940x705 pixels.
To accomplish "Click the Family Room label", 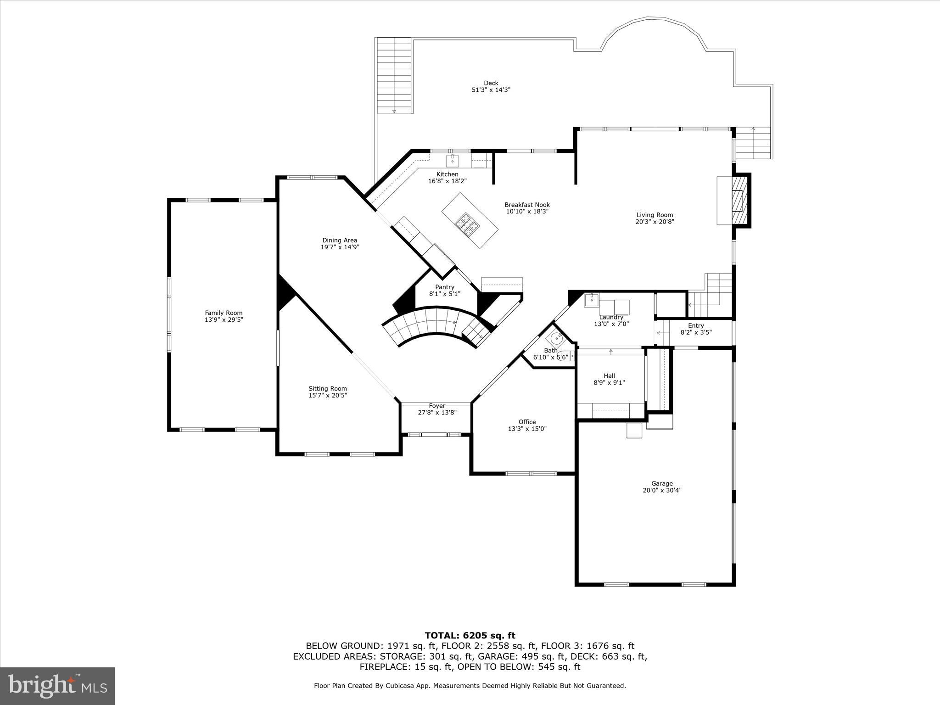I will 224,313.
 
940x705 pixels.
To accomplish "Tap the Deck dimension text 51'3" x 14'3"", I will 491,90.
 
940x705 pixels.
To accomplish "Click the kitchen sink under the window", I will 453,161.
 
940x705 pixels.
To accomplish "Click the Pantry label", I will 444,287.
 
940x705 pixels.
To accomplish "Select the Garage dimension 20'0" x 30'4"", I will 662,490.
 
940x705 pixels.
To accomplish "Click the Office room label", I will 527,422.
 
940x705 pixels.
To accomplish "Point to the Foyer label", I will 436,406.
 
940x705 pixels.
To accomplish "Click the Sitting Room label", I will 327,388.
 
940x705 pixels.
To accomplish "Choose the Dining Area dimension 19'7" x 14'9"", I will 340,247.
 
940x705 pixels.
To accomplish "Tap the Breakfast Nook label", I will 527,205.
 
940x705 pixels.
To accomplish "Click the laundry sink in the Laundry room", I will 591,300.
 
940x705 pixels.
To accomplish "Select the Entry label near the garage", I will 696,325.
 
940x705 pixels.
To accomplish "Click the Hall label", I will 609,376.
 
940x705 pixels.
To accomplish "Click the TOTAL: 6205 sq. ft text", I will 470,636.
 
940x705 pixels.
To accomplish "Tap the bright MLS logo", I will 57,686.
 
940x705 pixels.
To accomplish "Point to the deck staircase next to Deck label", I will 394,76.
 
